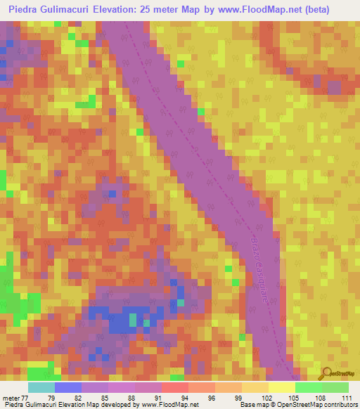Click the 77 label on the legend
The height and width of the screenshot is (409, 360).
(25, 397)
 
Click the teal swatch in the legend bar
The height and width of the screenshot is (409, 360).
(41, 387)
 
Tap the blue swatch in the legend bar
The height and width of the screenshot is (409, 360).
(68, 387)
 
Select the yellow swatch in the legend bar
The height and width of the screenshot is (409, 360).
(281, 387)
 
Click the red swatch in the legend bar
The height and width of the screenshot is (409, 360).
(174, 387)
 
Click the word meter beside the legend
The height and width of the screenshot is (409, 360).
(11, 397)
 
